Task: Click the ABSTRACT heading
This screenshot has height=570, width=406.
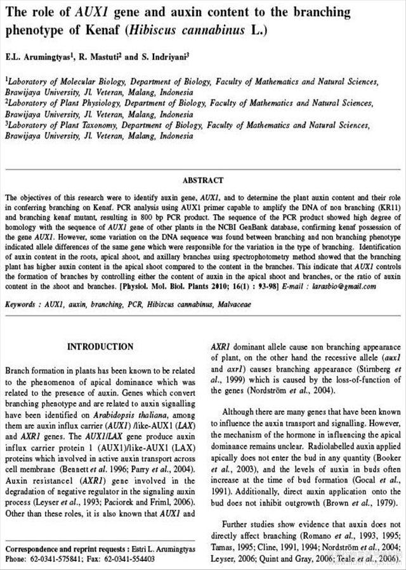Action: coord(202,180)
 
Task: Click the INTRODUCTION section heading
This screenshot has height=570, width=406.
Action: coord(100,346)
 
